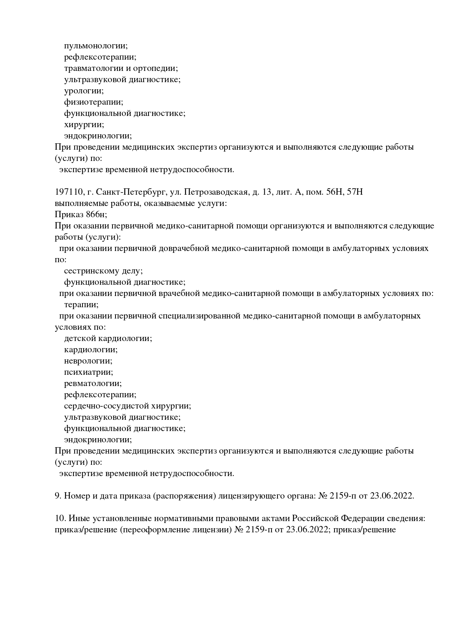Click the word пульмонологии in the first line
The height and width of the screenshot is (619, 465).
pyautogui.click(x=96, y=46)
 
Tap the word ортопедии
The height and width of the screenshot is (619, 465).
pyautogui.click(x=155, y=68)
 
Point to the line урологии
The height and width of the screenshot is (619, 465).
pyautogui.click(x=84, y=91)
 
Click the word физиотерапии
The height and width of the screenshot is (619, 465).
pyautogui.click(x=93, y=102)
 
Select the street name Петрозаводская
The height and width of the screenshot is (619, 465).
pyautogui.click(x=215, y=192)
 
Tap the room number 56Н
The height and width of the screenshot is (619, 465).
pyautogui.click(x=327, y=192)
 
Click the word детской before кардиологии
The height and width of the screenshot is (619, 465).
pyautogui.click(x=80, y=338)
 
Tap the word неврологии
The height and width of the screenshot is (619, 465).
pyautogui.click(x=88, y=361)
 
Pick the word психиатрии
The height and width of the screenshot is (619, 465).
pyautogui.click(x=88, y=372)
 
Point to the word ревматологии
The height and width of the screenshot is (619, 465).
pyautogui.click(x=93, y=383)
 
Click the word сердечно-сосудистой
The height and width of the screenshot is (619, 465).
pyautogui.click(x=106, y=406)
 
